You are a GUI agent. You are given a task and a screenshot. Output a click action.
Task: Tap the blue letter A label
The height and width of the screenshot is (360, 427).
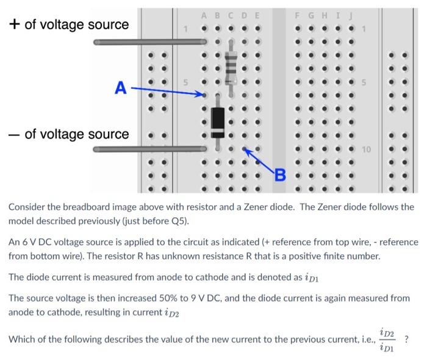(121, 89)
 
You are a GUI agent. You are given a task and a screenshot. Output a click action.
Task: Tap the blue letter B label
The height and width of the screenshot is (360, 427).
(280, 176)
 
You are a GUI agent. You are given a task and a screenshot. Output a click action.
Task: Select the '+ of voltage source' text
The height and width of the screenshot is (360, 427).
(68, 24)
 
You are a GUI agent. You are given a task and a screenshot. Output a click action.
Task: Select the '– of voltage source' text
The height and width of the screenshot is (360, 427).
(68, 134)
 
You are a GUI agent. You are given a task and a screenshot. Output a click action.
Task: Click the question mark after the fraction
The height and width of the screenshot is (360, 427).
(406, 339)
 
